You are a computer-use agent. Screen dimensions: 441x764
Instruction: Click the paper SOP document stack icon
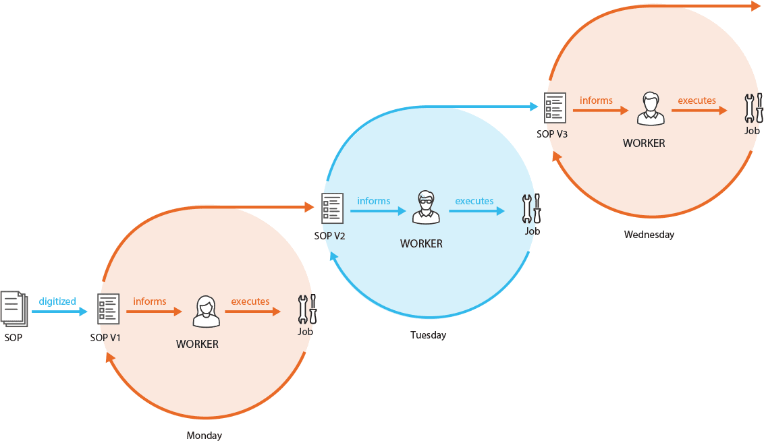(x=13, y=308)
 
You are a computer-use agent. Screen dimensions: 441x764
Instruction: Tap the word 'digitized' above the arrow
(x=57, y=301)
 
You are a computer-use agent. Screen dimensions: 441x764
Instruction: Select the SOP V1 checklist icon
(x=108, y=310)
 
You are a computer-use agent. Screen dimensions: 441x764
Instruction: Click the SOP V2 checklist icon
(x=332, y=208)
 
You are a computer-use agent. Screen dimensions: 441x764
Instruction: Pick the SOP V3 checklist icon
(x=555, y=108)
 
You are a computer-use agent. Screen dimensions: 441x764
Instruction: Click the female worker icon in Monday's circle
(x=205, y=311)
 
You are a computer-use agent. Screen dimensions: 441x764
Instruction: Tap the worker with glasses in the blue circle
(x=426, y=208)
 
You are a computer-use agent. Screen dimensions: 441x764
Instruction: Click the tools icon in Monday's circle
(x=307, y=310)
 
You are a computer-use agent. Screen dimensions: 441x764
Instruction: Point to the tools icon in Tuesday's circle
(x=532, y=208)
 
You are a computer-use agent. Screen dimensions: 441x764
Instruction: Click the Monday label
(x=204, y=436)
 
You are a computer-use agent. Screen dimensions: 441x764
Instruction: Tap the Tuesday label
(x=428, y=335)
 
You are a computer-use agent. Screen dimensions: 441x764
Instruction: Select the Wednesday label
(x=649, y=235)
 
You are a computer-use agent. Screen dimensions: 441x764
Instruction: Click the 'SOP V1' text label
(x=105, y=338)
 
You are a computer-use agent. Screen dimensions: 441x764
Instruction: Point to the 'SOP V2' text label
(x=330, y=236)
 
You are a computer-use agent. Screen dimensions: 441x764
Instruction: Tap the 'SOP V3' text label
(x=552, y=134)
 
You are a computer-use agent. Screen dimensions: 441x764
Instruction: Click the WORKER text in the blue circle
(x=421, y=243)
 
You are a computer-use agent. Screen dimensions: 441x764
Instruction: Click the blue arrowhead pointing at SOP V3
(x=534, y=106)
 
